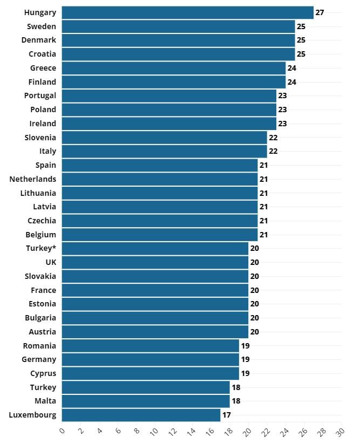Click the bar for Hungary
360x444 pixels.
pos(187,12)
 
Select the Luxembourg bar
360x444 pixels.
pos(141,415)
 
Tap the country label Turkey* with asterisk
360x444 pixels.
pos(41,248)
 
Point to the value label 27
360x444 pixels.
pos(320,12)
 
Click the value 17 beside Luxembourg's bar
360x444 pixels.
pos(227,415)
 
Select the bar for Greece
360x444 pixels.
pos(173,68)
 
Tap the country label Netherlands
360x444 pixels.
pos(33,179)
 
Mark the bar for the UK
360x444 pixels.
pos(155,262)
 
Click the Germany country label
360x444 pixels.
pos(39,359)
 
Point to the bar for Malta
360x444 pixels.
pos(146,401)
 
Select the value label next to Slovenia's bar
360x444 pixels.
pos(273,138)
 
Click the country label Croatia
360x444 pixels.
pos(42,54)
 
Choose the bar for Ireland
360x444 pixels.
pos(169,124)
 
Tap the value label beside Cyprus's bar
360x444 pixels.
pos(245,373)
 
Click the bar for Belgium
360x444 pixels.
pos(160,235)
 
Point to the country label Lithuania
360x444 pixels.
pos(38,193)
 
